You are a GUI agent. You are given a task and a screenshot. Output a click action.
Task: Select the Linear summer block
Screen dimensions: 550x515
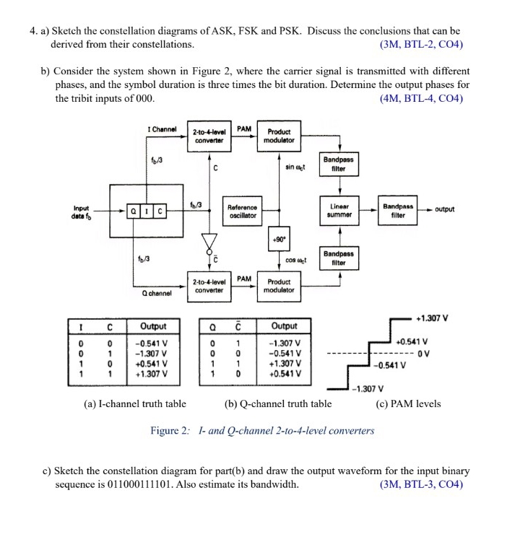click(338, 210)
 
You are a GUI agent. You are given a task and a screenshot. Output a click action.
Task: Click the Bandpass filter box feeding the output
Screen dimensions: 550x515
click(397, 210)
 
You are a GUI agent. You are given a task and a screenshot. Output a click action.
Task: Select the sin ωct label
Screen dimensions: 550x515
click(295, 167)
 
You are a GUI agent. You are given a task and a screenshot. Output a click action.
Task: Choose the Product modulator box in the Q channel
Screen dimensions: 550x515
click(279, 285)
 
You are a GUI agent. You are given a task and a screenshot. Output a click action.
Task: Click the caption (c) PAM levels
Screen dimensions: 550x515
click(408, 404)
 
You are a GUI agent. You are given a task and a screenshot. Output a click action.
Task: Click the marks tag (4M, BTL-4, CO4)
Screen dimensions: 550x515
click(421, 99)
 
